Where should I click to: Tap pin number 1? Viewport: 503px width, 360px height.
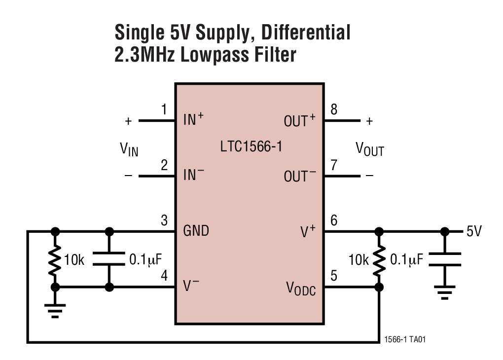pos(164,109)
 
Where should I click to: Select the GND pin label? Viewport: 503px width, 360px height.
pos(196,230)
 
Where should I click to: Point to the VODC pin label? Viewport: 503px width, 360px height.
pos(301,289)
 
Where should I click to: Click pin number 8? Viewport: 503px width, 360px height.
pos(334,109)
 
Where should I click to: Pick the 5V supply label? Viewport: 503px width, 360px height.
pos(474,231)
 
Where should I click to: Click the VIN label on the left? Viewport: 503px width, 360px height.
pos(129,149)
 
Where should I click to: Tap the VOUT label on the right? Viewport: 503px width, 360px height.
pos(369,149)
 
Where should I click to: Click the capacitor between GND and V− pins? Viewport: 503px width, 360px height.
pos(109,259)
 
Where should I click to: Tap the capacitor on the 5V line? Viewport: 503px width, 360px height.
pos(445,259)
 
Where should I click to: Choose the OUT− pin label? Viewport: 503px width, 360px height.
pos(299,176)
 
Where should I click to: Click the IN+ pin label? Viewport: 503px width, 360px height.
pos(193,119)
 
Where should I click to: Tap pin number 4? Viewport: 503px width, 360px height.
pos(164,276)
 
